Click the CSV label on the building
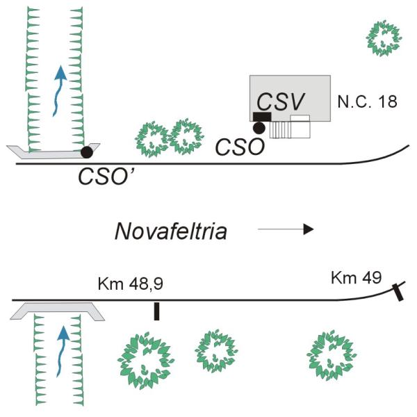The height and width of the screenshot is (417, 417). (x=281, y=101)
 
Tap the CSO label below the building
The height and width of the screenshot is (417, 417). (x=238, y=147)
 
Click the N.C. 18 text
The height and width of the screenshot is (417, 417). (x=367, y=101)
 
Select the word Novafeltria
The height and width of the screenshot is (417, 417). (x=171, y=230)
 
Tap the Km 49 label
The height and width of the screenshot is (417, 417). (x=356, y=278)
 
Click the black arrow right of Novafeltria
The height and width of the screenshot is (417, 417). (x=286, y=229)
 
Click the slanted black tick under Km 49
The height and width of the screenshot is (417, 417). (x=398, y=291)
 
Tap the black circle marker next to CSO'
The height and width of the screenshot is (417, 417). (x=87, y=151)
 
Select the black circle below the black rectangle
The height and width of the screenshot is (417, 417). (x=259, y=127)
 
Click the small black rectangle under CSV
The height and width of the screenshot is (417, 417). (x=262, y=116)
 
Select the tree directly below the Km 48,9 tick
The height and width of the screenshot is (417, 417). (x=144, y=359)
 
